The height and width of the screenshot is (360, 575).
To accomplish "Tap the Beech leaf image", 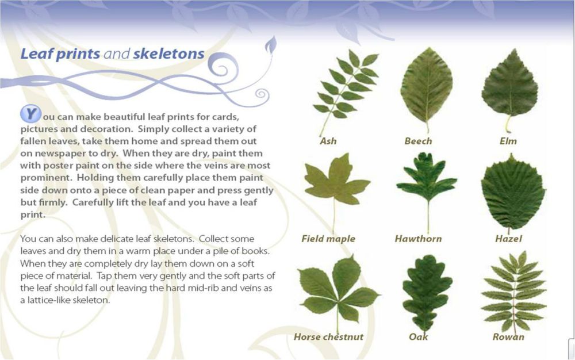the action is pos(427,88).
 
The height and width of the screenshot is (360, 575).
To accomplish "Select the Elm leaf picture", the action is pos(509,88).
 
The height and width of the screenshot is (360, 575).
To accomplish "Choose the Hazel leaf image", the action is pos(513,193).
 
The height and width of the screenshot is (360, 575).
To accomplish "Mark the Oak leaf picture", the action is pos(427,292).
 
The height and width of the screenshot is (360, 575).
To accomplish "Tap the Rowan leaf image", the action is pos(514,292).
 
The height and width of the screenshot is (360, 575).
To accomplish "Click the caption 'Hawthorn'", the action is pos(418,239).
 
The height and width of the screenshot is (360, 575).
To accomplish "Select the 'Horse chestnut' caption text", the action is pos(328,336).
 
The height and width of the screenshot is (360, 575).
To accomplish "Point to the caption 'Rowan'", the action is pos(508,336).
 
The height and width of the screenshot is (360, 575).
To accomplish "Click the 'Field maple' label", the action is pos(328,239).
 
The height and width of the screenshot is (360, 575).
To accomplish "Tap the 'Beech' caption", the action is pos(418,141).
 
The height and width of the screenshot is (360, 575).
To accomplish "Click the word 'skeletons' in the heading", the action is pos(168,53).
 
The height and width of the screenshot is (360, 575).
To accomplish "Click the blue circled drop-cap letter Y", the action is pos(30,114).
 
